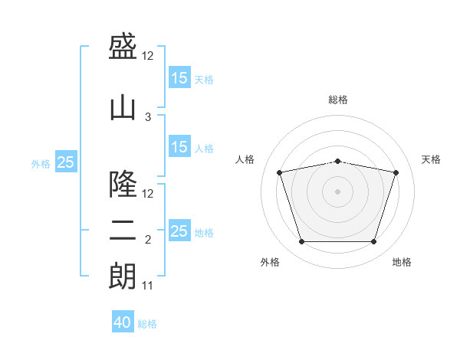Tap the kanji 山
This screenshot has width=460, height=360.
[123, 107]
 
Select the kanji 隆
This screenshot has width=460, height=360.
[123, 185]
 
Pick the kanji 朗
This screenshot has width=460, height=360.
[123, 277]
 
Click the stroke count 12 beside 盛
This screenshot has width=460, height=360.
[148, 56]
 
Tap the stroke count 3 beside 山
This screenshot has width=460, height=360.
[148, 117]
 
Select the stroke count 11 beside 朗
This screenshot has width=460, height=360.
[148, 286]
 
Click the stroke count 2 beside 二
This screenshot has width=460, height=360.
[148, 240]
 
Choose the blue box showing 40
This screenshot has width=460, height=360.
[123, 322]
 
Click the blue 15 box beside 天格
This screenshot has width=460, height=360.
[179, 78]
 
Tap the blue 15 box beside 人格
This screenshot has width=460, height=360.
[179, 147]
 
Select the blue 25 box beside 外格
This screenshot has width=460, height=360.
[66, 162]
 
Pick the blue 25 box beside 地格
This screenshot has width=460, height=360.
[179, 231]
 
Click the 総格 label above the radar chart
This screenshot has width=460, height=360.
[338, 100]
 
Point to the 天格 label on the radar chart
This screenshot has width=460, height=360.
[432, 159]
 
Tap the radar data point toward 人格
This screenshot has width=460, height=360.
[280, 172]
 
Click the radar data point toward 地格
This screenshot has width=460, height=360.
[373, 242]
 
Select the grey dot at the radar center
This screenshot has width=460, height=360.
[338, 191]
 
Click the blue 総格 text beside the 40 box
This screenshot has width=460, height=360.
[147, 323]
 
